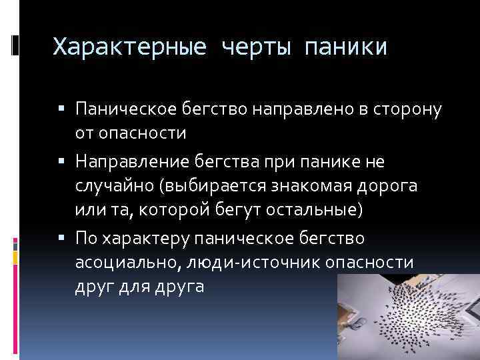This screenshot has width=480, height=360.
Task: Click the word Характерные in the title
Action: tap(125, 47)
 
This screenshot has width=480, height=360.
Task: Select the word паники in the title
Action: tap(345, 47)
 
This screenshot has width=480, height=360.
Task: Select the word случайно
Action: tap(111, 186)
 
